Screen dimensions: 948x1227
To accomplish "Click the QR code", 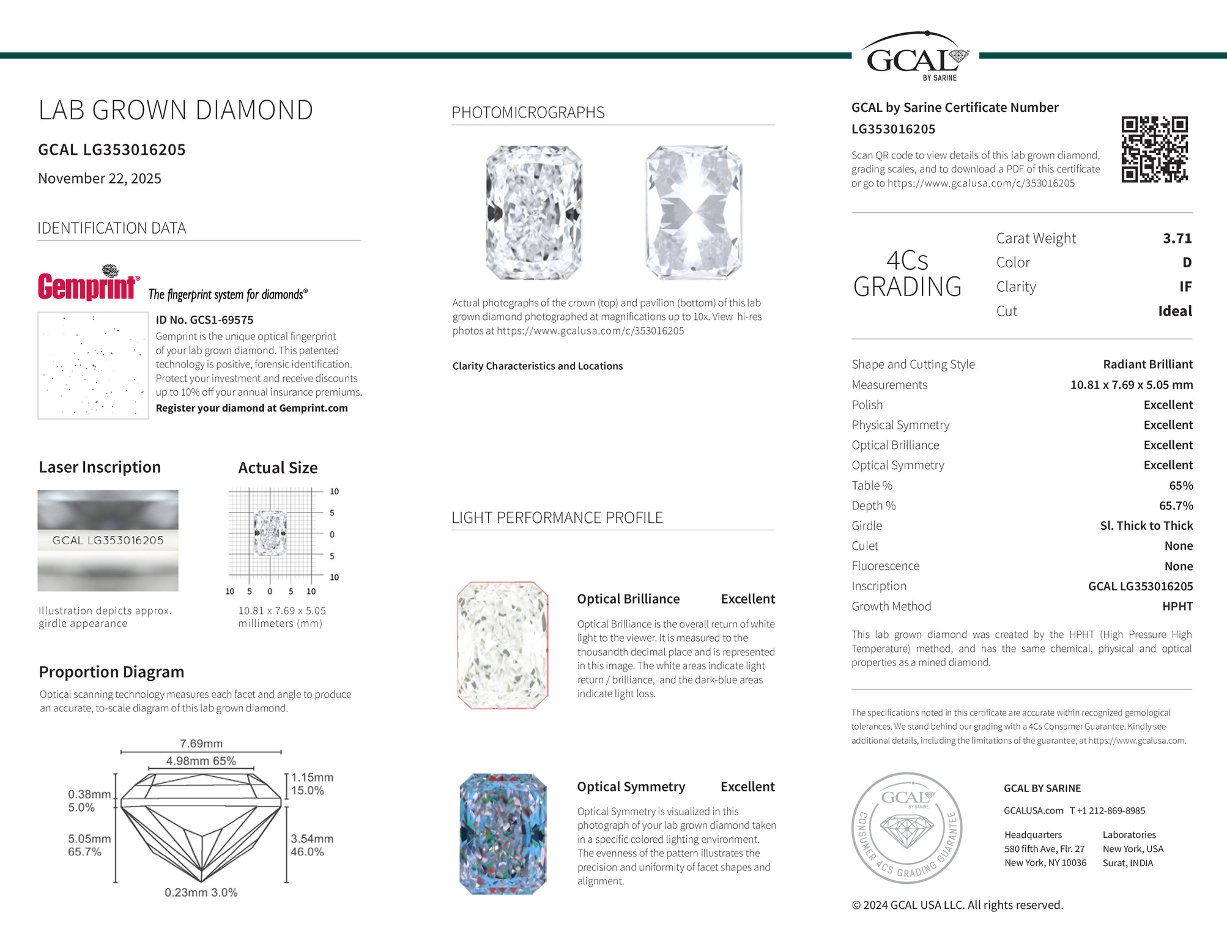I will tap(1154, 149).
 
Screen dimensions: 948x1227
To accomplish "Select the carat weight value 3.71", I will tap(1177, 239).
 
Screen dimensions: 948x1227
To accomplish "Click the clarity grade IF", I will tap(1185, 287).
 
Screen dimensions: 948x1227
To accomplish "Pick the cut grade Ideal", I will tap(1174, 311).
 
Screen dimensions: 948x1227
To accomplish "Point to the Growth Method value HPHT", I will tap(1177, 606).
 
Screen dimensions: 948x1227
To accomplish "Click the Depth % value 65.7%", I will tap(1176, 506).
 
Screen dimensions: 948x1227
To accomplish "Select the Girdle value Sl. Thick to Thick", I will tap(1146, 526).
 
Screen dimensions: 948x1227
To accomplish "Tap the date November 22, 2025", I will tap(100, 179).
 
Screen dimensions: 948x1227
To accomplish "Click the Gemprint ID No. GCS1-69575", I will tap(204, 320).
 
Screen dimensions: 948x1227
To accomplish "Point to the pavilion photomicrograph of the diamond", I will tap(694, 213).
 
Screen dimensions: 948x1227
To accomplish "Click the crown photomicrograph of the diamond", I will tap(534, 213).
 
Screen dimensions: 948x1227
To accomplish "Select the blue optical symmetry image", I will tap(503, 834).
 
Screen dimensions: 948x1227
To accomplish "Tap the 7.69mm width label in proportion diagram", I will tap(201, 744).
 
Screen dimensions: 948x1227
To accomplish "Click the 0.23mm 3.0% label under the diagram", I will tap(201, 892).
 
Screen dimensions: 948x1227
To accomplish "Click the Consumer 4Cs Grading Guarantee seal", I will tap(906, 828).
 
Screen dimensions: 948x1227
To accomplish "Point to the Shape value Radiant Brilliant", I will tap(1147, 365).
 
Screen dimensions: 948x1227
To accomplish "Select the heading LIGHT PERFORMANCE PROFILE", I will tap(557, 518).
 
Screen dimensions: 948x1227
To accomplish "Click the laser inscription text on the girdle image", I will tap(108, 541).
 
